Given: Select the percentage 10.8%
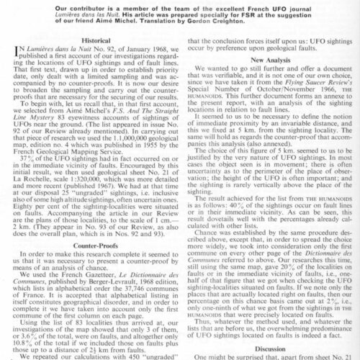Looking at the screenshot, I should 30,345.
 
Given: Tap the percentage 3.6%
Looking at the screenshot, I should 34,338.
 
